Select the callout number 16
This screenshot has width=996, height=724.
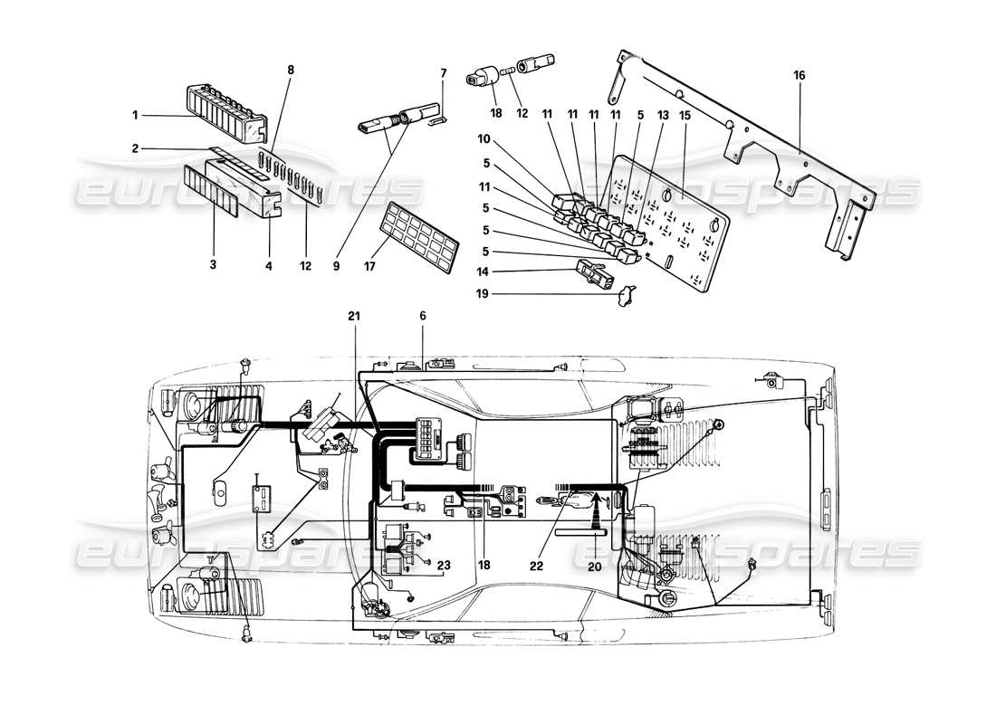click(x=800, y=74)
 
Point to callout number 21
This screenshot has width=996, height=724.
click(x=353, y=315)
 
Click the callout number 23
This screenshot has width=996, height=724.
click(x=443, y=567)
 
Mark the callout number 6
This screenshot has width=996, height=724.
click(x=422, y=315)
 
